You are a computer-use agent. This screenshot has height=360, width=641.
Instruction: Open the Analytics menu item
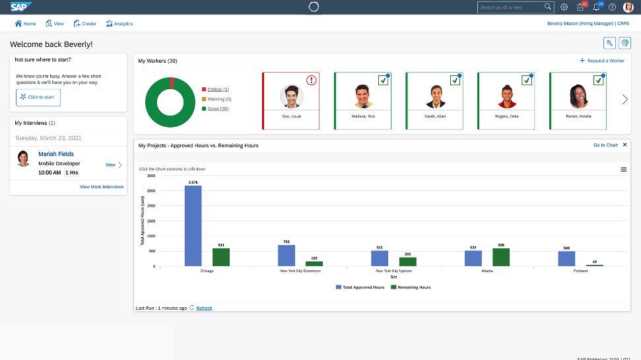tap(119, 24)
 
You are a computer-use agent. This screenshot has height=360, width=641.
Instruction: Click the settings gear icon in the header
tap(564, 7)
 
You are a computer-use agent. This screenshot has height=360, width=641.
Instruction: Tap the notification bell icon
tap(597, 7)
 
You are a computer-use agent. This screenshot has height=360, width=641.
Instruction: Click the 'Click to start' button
tap(38, 97)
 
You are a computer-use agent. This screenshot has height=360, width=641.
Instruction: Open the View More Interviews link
tap(102, 187)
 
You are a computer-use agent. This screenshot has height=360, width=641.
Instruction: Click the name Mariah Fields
tap(56, 154)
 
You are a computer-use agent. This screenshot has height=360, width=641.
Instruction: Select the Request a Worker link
tap(602, 61)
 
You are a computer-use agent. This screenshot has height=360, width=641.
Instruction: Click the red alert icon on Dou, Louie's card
tap(311, 81)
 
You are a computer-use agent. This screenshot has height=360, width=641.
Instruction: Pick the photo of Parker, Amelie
tap(579, 96)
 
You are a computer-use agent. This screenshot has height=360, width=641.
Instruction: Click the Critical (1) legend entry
tap(218, 89)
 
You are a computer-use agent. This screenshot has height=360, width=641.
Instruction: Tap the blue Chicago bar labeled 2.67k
tap(193, 225)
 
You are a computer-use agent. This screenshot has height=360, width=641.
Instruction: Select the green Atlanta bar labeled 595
tap(501, 257)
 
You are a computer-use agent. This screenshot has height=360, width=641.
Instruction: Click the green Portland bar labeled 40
tap(595, 265)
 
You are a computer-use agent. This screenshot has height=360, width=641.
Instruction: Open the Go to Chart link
tap(605, 145)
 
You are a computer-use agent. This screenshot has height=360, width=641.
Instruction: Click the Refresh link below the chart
tap(204, 308)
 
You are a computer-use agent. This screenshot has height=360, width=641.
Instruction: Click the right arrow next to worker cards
tap(624, 100)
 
